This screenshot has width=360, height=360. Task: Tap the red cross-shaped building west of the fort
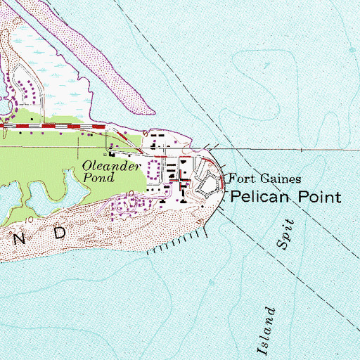(x=184, y=182)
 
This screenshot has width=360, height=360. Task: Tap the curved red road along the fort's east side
(x=219, y=173)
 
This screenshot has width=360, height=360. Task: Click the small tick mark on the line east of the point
(x=302, y=149)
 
